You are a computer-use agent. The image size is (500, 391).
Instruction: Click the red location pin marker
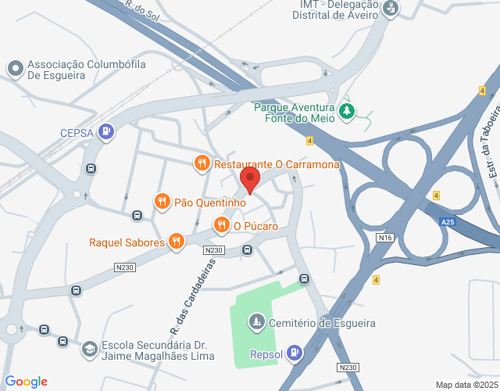coord(250,179)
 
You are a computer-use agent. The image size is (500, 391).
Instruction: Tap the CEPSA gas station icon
coord(105,132)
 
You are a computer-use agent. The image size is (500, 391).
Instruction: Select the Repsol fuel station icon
coord(294,353)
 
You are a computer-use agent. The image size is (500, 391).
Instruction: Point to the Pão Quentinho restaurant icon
coord(162,202)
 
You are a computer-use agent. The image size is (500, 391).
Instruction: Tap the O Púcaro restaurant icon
coord(222,226)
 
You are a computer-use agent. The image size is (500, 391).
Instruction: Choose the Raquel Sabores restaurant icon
coord(177,242)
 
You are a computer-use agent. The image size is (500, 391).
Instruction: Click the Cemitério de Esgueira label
coord(323,323)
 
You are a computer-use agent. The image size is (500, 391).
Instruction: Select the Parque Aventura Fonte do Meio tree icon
coord(347,113)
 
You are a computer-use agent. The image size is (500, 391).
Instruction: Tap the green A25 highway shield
coord(447,222)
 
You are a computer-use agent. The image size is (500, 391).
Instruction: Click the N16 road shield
coord(384,237)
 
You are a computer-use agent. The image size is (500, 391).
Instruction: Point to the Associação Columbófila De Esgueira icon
coord(15,69)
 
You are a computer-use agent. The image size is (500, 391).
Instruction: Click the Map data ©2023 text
coord(466,385)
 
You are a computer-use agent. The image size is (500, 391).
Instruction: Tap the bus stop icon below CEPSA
coord(91,168)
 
